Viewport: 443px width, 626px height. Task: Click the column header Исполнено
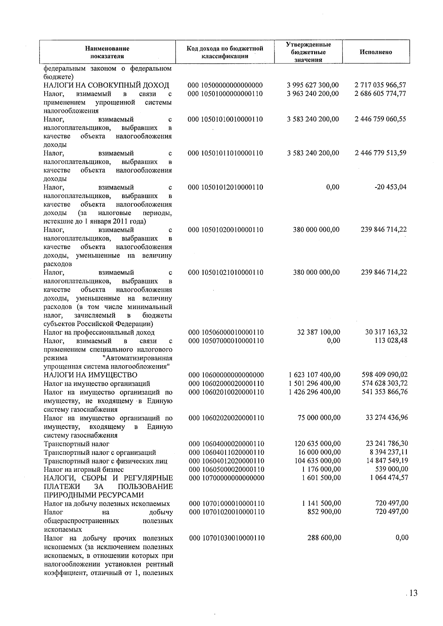click(375, 52)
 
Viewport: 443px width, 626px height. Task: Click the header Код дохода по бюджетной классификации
click(225, 52)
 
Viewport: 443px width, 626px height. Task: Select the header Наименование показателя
click(107, 52)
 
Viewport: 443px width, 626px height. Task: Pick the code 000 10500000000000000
click(225, 85)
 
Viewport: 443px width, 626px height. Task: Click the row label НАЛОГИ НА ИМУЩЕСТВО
click(90, 375)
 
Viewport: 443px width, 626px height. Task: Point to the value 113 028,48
click(392, 340)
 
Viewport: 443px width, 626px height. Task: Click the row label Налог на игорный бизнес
click(84, 470)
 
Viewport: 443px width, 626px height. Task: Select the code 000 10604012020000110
click(226, 461)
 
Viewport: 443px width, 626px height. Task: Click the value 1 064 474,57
click(389, 478)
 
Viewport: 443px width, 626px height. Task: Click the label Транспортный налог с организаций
click(100, 453)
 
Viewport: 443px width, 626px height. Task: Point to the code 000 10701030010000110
click(227, 538)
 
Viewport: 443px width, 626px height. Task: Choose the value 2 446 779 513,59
click(380, 153)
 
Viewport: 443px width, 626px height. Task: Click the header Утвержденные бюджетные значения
click(308, 52)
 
